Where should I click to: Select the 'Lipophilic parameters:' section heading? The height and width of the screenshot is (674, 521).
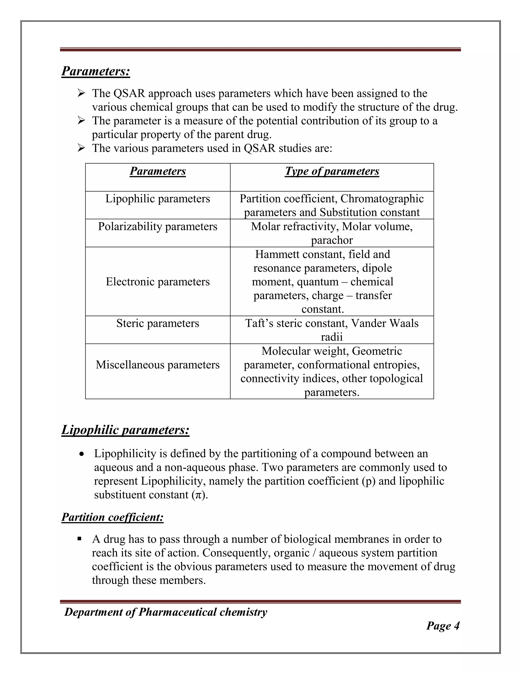pyautogui.click(x=125, y=430)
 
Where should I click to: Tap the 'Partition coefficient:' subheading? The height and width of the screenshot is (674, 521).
pyautogui.click(x=112, y=517)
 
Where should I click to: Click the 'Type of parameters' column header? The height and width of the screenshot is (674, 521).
pyautogui.click(x=332, y=171)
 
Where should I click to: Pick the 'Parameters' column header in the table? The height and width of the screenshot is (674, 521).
pyautogui.click(x=158, y=171)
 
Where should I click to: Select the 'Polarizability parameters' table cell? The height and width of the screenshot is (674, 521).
pyautogui.click(x=158, y=227)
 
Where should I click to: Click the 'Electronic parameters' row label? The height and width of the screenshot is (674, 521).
pyautogui.click(x=158, y=282)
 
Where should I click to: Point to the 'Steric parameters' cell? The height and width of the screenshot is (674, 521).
pyautogui.click(x=158, y=323)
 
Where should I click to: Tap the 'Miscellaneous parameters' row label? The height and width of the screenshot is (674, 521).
pyautogui.click(x=158, y=365)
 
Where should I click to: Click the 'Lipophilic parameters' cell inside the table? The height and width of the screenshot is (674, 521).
pyautogui.click(x=158, y=199)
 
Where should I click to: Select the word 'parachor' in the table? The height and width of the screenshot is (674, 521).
pyautogui.click(x=332, y=240)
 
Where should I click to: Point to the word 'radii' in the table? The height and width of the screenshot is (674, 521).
pyautogui.click(x=332, y=337)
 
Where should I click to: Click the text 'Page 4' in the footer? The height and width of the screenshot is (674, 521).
pyautogui.click(x=443, y=626)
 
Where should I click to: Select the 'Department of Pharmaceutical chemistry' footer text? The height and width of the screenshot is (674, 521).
pyautogui.click(x=166, y=612)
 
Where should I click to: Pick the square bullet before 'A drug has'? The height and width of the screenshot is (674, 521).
pyautogui.click(x=80, y=539)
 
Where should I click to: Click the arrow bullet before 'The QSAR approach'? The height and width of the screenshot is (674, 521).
pyautogui.click(x=81, y=93)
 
